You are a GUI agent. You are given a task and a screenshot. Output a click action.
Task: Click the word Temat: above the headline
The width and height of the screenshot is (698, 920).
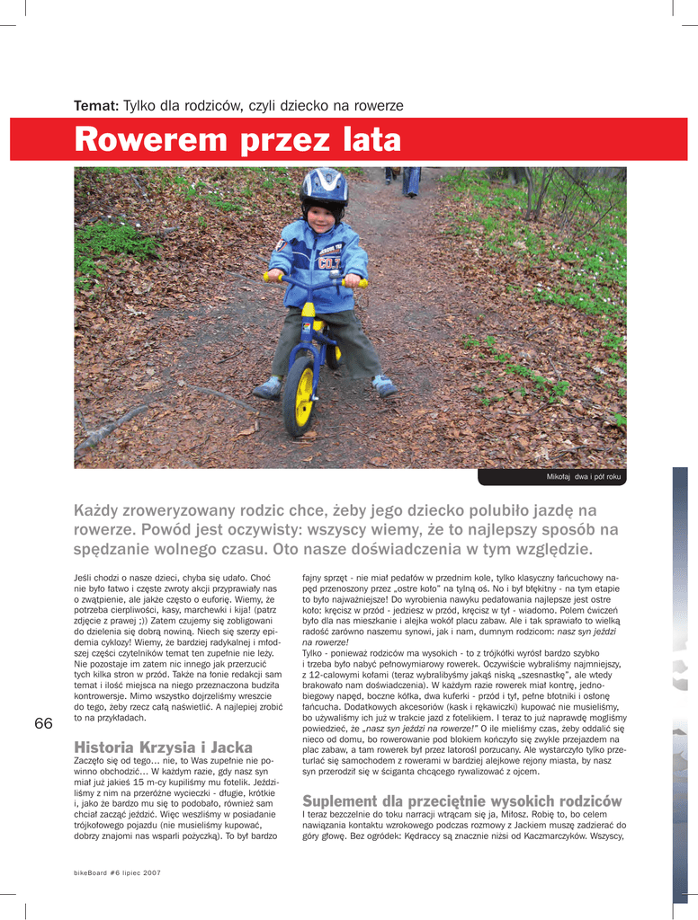point(96,106)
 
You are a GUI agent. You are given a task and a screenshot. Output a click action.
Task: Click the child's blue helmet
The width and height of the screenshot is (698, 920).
point(324,186)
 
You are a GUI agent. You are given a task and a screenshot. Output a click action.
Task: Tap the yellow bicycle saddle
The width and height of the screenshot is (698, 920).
point(309,310)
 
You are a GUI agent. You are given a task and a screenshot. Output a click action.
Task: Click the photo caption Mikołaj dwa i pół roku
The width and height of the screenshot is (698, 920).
point(583,476)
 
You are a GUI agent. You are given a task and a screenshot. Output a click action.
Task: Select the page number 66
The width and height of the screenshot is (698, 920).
point(43,723)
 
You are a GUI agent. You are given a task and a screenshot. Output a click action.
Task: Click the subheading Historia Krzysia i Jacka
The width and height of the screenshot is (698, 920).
point(163,747)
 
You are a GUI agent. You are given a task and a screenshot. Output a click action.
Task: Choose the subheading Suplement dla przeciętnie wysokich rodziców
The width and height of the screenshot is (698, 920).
point(462,801)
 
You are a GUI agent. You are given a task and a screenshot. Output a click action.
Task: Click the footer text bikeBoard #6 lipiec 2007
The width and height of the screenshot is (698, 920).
point(117,872)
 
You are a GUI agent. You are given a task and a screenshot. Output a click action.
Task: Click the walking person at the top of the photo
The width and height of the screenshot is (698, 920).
point(411,180)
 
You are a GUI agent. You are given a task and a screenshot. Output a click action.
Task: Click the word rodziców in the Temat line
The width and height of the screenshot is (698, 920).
point(213,106)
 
